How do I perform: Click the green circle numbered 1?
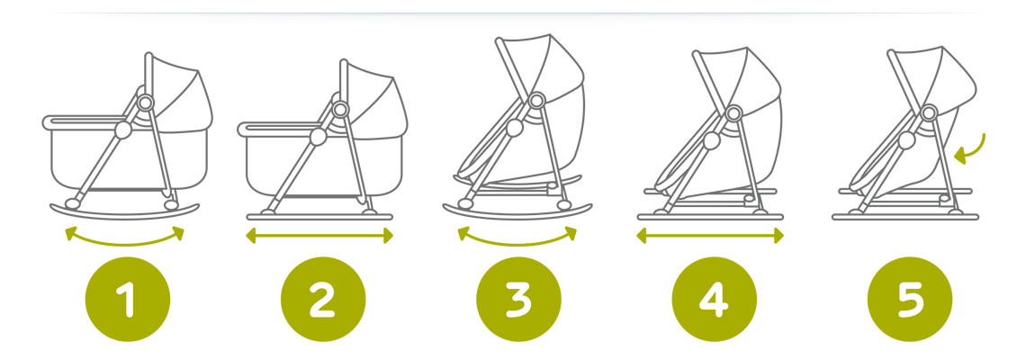tap(128, 299)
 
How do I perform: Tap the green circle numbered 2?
tap(323, 299)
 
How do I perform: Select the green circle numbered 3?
tap(519, 299)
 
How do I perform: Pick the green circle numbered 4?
tap(715, 299)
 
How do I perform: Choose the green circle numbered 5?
tap(910, 299)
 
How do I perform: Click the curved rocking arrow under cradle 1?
tap(124, 244)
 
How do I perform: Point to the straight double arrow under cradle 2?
tap(319, 236)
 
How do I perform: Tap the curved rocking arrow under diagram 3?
tap(517, 244)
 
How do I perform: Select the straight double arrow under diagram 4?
tap(710, 236)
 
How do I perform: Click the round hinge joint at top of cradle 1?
tap(145, 102)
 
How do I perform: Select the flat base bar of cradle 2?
tap(319, 217)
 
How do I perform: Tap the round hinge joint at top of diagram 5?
tap(929, 112)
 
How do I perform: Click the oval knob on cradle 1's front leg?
tap(123, 130)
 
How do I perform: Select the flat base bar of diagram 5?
tap(905, 217)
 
